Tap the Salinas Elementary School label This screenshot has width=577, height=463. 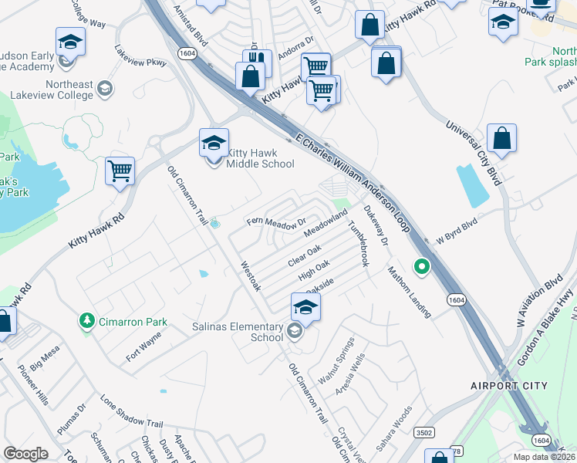pyautogui.click(x=238, y=332)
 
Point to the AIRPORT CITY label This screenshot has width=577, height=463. pyautogui.click(x=509, y=385)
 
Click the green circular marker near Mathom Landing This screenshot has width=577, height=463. pyautogui.click(x=421, y=268)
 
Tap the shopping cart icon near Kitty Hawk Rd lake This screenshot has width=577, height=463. pyautogui.click(x=120, y=171)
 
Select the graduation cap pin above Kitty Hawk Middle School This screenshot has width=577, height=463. pyautogui.click(x=214, y=142)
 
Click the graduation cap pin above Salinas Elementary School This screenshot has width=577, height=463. pyautogui.click(x=305, y=307)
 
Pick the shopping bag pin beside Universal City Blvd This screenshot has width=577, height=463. pyautogui.click(x=501, y=139)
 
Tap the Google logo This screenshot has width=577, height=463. pyautogui.click(x=26, y=453)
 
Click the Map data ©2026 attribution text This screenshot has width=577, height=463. pyautogui.click(x=545, y=457)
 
